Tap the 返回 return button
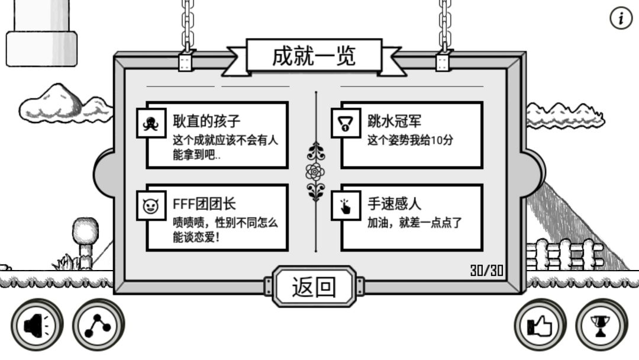coord(314,287)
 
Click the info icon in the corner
coord(621,18)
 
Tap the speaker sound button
coord(37,325)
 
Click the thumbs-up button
coord(540,325)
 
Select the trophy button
coord(602,325)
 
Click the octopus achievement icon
coord(151,123)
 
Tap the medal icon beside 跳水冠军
coord(346,123)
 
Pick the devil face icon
coord(151,205)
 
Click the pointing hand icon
coord(346,205)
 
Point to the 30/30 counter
coord(486,271)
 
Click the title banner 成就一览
coord(314,56)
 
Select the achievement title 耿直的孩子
coord(206,121)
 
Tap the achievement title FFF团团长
coord(204,204)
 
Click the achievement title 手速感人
coord(394,204)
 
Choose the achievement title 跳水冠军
coord(394,121)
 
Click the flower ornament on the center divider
coord(315,172)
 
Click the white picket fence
coord(564,255)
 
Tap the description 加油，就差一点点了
coord(414,223)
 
